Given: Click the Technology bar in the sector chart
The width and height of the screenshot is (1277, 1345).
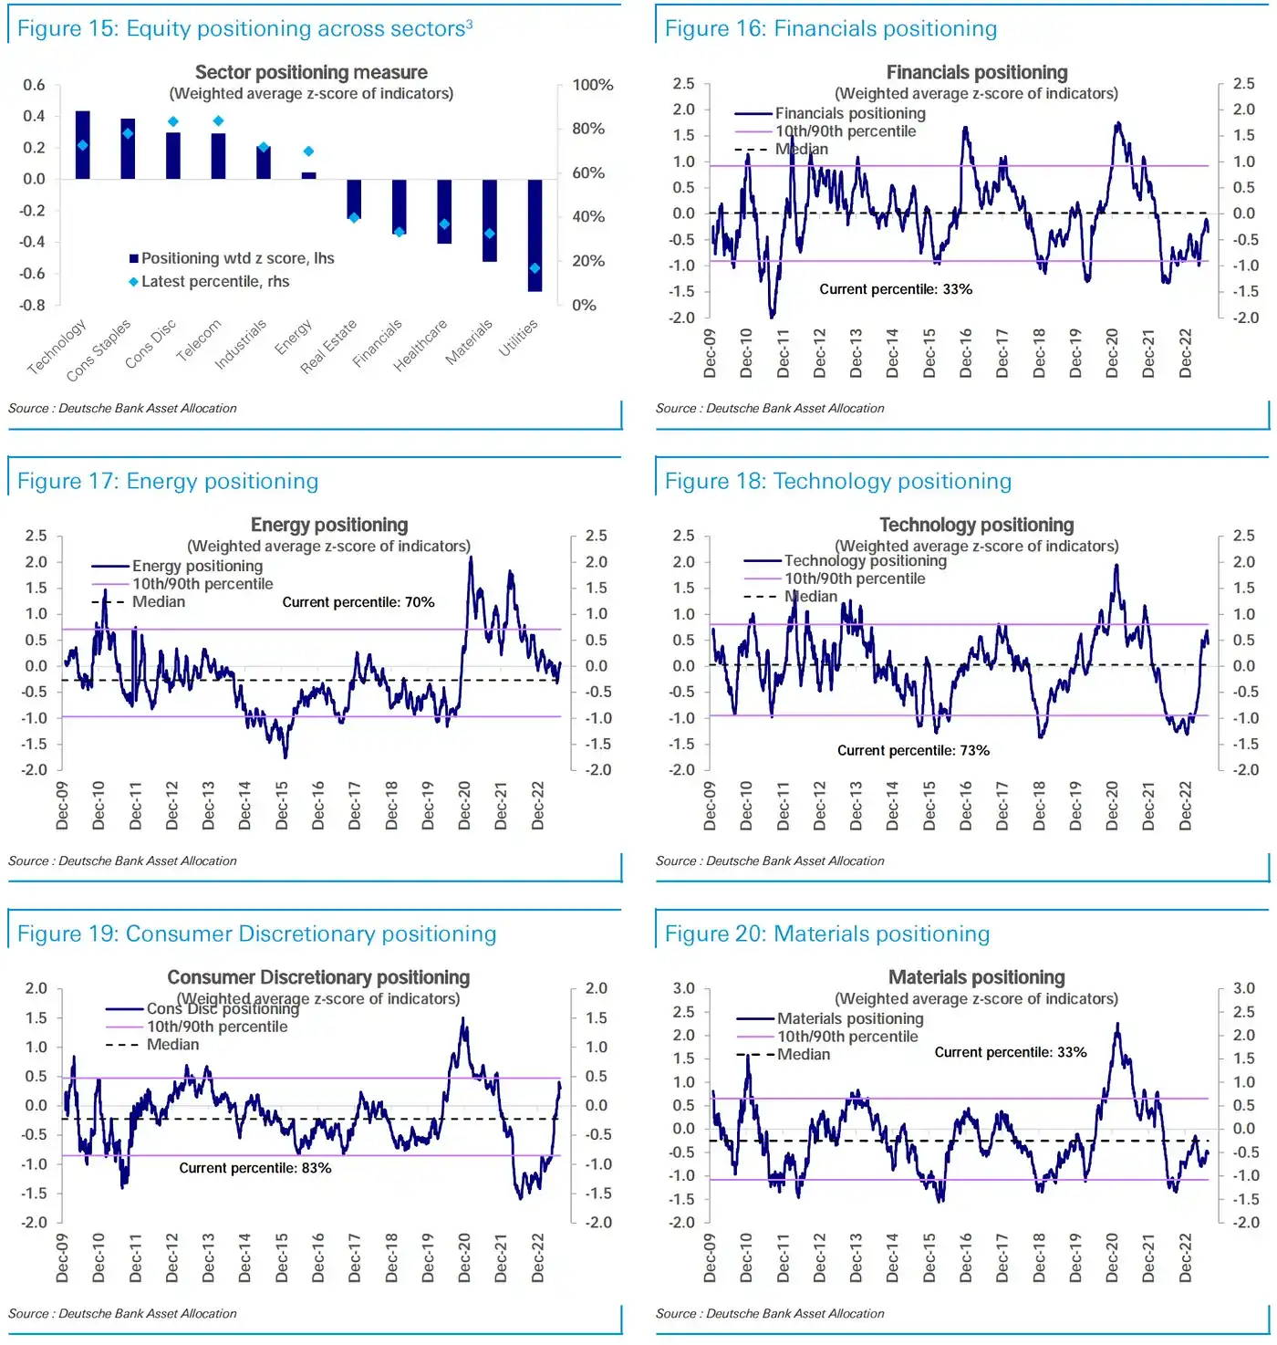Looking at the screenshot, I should pyautogui.click(x=82, y=145).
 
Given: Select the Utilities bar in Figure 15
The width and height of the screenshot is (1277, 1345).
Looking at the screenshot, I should pyautogui.click(x=535, y=235).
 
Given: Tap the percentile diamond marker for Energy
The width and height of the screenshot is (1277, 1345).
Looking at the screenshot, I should pyautogui.click(x=308, y=151).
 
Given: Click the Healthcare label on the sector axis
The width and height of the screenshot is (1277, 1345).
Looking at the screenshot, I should pyautogui.click(x=420, y=344).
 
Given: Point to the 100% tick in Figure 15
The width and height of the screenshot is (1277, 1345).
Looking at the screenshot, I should pyautogui.click(x=593, y=85).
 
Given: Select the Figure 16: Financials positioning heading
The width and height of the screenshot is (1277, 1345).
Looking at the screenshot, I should pyautogui.click(x=830, y=28).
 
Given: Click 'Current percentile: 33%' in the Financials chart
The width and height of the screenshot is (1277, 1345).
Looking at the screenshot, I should pyautogui.click(x=896, y=289).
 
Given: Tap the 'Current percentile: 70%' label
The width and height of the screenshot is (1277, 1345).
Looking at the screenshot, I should pyautogui.click(x=358, y=602).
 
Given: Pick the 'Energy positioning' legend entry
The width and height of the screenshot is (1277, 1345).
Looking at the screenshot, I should pyautogui.click(x=197, y=566).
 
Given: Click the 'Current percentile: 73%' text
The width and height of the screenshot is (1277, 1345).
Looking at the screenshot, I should pyautogui.click(x=913, y=750).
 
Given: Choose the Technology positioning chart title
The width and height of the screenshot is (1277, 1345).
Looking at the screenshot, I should pyautogui.click(x=976, y=525).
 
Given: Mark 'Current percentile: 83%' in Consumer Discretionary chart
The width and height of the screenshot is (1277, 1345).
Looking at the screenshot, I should pyautogui.click(x=254, y=1168).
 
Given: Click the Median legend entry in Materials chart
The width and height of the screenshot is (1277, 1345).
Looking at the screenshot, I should pyautogui.click(x=803, y=1054).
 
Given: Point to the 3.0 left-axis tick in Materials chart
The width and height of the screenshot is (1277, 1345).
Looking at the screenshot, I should pyautogui.click(x=683, y=988).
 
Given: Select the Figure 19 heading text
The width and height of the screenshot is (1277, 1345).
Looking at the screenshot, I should pyautogui.click(x=256, y=933).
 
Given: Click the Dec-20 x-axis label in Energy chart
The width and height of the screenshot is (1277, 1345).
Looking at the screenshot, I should pyautogui.click(x=464, y=805).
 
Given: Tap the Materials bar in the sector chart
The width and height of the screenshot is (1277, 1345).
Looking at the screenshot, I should pyautogui.click(x=490, y=221).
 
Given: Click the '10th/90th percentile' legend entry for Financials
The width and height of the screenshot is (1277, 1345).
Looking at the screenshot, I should pyautogui.click(x=846, y=131).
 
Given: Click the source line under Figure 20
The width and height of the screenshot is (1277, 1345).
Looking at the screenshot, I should pyautogui.click(x=770, y=1313).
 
